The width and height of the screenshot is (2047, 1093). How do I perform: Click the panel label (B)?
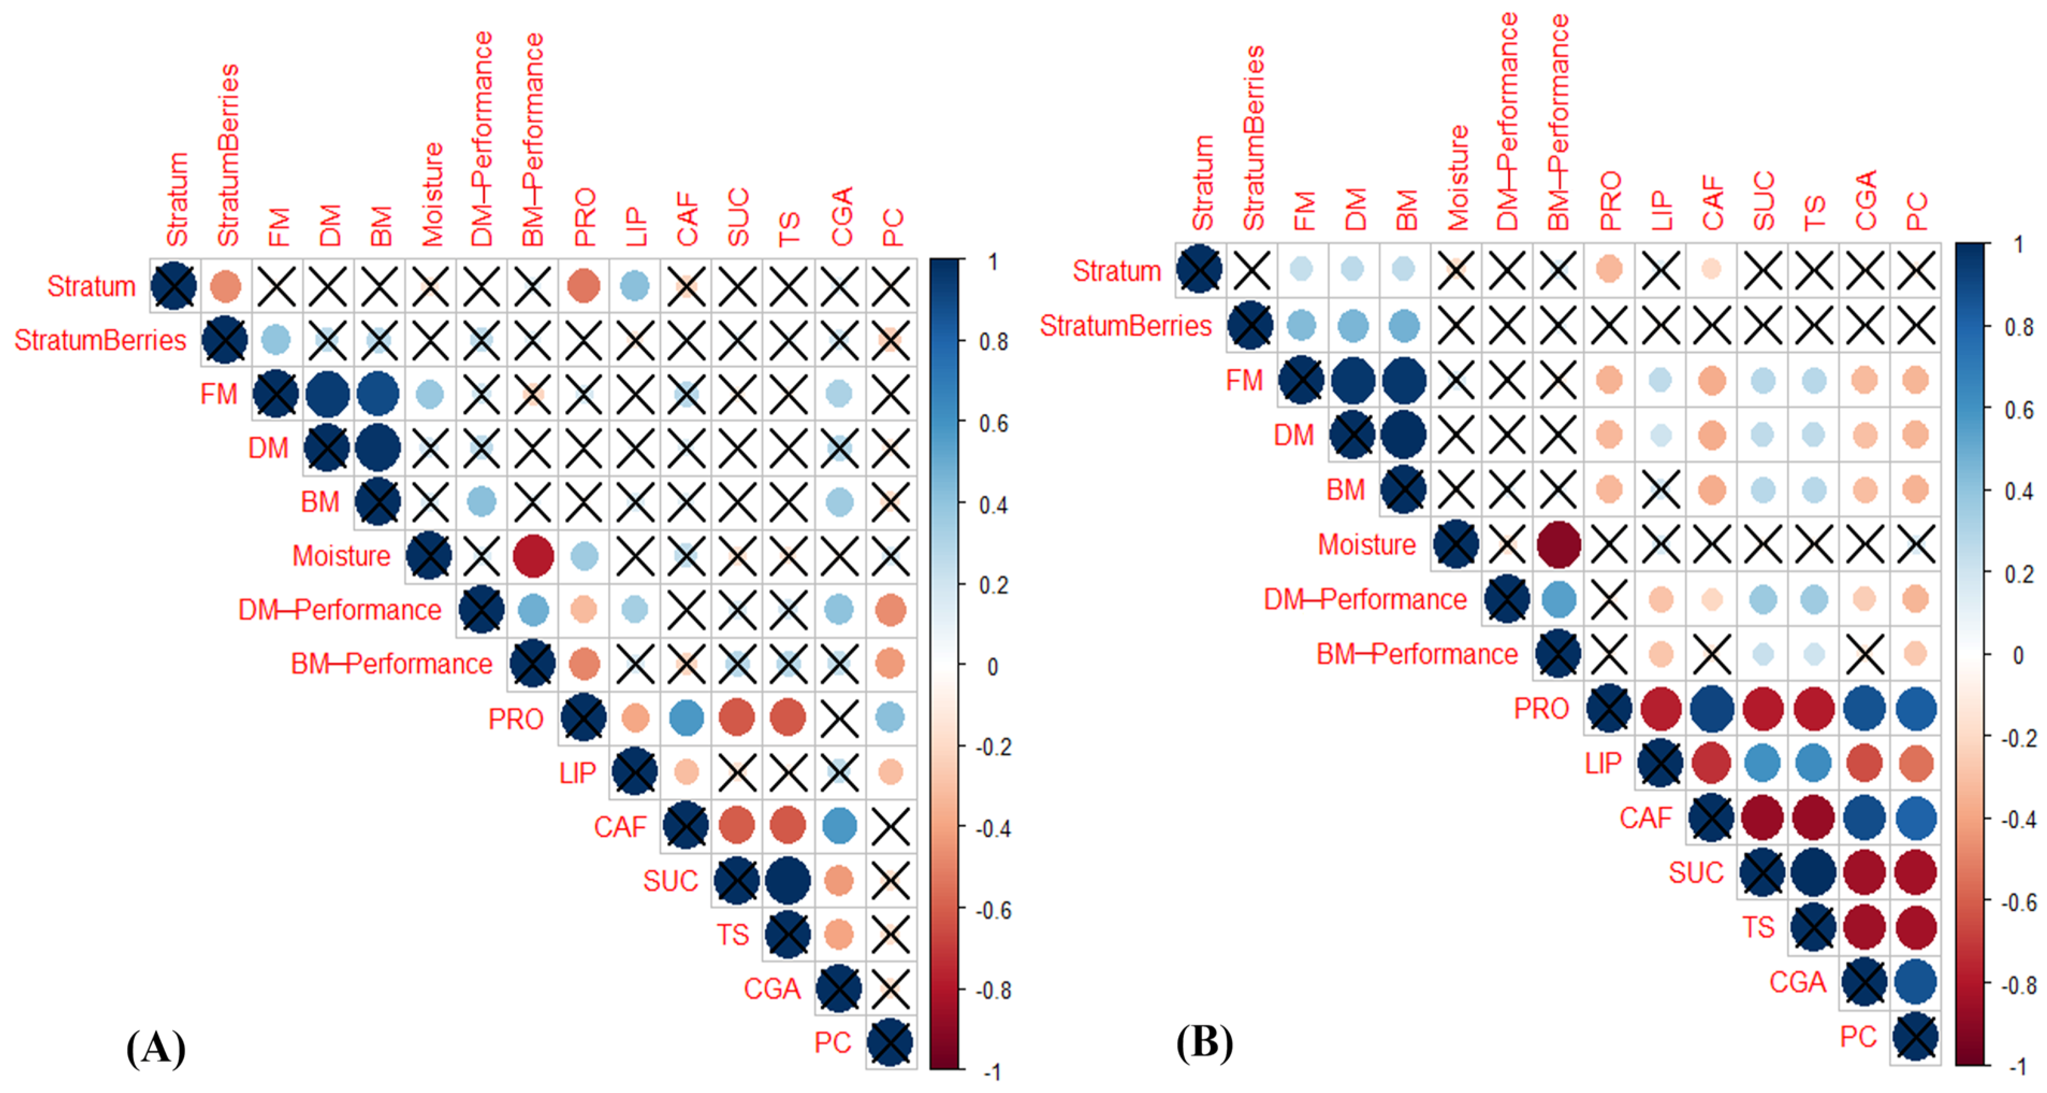[x=1205, y=1042]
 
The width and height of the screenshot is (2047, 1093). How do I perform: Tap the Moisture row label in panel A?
[x=341, y=556]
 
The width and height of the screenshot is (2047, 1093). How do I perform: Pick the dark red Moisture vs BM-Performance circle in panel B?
[x=1557, y=545]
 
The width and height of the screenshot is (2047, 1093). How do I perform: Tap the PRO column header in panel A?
[x=584, y=217]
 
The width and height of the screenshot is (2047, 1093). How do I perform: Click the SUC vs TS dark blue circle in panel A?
[x=788, y=880]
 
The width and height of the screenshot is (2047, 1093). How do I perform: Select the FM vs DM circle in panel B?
[x=1352, y=381]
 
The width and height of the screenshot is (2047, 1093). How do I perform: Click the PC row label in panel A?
[x=832, y=1042]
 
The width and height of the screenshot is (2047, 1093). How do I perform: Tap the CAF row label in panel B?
[x=1645, y=818]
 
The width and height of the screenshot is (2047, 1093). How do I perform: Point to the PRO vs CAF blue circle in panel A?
[x=686, y=718]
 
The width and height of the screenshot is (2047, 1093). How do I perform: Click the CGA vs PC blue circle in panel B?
[x=1915, y=982]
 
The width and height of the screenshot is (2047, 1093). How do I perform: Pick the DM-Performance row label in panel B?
[x=1365, y=599]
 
